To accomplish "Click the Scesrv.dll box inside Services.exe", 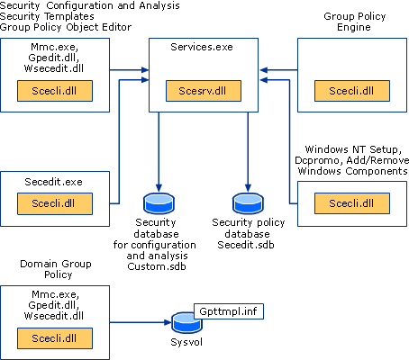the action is pos(204,91).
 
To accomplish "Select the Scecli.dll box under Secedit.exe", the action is pos(55,203).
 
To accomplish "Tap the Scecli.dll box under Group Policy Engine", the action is pos(352,91).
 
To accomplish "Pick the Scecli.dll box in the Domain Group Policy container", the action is pos(55,338).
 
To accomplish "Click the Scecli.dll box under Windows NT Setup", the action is pos(352,203).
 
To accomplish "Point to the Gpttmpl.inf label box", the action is pos(229,311).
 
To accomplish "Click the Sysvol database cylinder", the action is pos(186,323).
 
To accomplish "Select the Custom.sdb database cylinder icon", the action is pos(159,203).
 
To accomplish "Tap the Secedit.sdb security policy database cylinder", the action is pos(248,203).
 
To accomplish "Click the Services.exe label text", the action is pos(202,47).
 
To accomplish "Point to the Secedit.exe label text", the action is pos(53,182).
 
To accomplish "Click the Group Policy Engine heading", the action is pos(354,22).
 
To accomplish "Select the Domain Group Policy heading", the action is pos(56,269).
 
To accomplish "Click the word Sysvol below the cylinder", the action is pos(186,342).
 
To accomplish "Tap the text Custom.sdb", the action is pos(157,266).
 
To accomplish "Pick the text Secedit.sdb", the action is pos(246,245).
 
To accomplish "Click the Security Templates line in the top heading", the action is pos(47,16).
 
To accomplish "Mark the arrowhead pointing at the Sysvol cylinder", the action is pos(168,322).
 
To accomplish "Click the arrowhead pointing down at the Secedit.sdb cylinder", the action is pos(248,188).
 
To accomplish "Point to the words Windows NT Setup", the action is pos(352,149).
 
